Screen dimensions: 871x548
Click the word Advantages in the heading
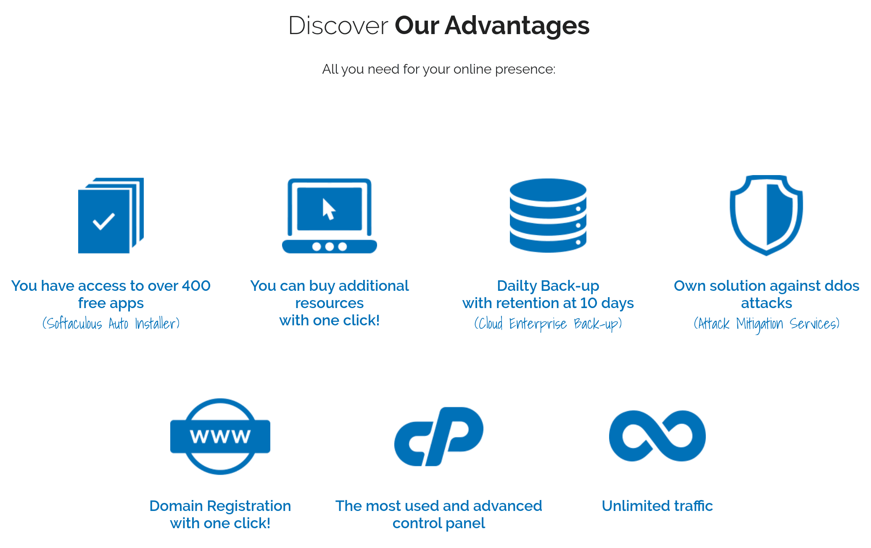click(x=517, y=26)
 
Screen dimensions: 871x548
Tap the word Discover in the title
click(x=338, y=26)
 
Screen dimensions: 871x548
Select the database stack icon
click(x=548, y=215)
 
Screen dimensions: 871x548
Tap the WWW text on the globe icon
click(x=220, y=436)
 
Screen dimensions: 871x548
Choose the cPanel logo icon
click(x=438, y=436)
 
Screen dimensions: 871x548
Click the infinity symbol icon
click(x=657, y=436)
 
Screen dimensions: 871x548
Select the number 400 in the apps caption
click(x=196, y=286)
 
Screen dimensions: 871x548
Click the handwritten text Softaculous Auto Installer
click(x=111, y=324)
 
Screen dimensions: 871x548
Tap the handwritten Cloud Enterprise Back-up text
click(x=548, y=324)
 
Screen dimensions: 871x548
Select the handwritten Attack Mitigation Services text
click(x=767, y=324)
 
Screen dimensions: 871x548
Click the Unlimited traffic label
click(x=657, y=506)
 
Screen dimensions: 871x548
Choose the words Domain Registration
click(x=220, y=506)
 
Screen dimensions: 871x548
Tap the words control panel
click(x=439, y=523)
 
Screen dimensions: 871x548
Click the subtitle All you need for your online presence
click(x=439, y=69)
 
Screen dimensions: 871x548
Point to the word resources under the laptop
click(x=330, y=303)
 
